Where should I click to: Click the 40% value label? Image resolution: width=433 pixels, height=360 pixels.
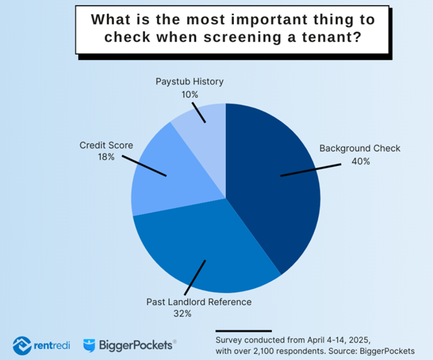[360, 161]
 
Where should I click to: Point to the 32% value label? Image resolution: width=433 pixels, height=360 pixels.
[199, 313]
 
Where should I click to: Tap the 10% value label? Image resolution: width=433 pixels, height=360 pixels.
[190, 94]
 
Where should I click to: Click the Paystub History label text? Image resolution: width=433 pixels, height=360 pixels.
[190, 82]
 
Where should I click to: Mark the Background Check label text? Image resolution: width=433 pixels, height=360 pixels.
[360, 148]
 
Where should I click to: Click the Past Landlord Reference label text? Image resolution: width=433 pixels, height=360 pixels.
[199, 302]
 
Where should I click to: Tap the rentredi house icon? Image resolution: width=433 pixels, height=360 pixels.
[21, 345]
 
